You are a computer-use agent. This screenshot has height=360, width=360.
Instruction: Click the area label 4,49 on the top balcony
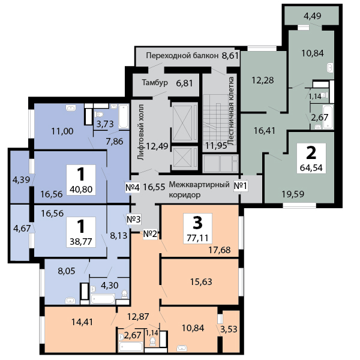tap(312, 16)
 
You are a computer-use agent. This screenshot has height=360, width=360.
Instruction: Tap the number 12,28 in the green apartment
tap(262, 81)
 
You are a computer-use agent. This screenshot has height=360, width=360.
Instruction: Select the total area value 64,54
tap(311, 167)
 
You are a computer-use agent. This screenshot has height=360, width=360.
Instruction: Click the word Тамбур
tap(154, 83)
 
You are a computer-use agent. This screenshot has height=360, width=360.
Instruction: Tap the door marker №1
tap(241, 185)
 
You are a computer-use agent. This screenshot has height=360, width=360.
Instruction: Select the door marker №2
tap(150, 233)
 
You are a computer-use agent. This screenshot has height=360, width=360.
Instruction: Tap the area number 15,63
tap(201, 281)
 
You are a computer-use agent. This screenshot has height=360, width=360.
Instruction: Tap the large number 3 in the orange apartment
tap(197, 223)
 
